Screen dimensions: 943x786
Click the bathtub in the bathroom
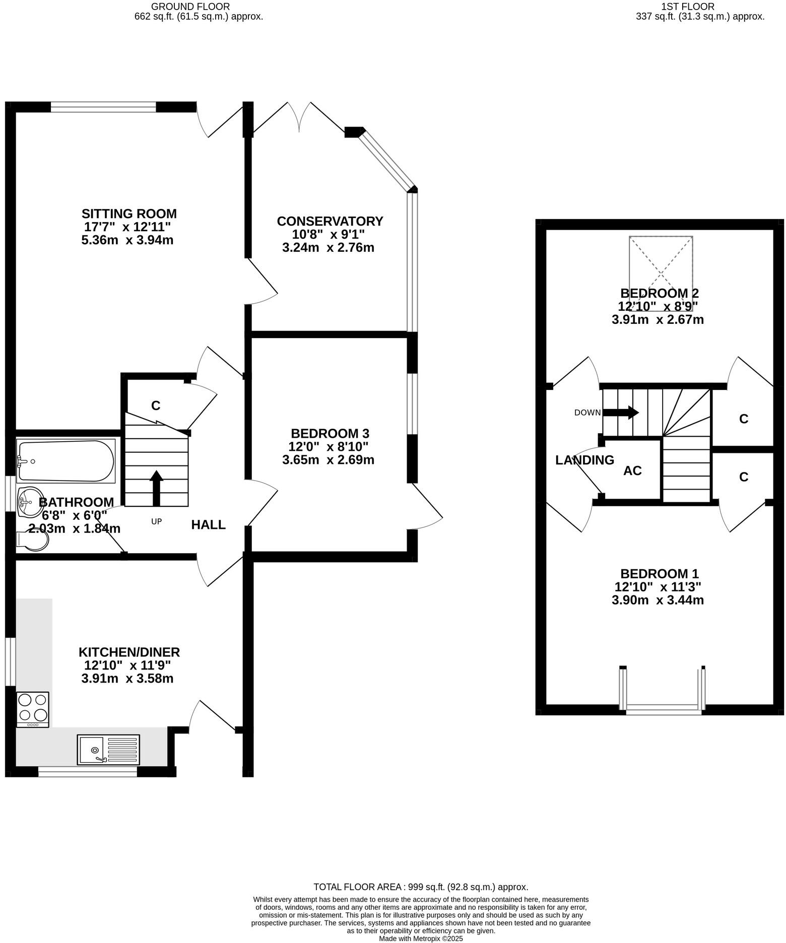[65, 461]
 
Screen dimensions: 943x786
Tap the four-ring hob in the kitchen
[33, 708]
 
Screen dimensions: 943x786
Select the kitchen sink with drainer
[108, 750]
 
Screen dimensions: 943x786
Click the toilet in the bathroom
[33, 541]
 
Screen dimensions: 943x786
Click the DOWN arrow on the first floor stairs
[620, 413]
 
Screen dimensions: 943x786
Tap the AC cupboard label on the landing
[632, 470]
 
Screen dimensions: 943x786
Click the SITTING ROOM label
[129, 214]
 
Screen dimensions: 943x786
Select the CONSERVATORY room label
[330, 221]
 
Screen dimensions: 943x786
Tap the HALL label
[208, 525]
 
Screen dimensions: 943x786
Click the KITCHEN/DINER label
[129, 652]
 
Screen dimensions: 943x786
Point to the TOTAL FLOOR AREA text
[420, 887]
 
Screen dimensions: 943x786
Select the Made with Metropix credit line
[420, 938]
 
